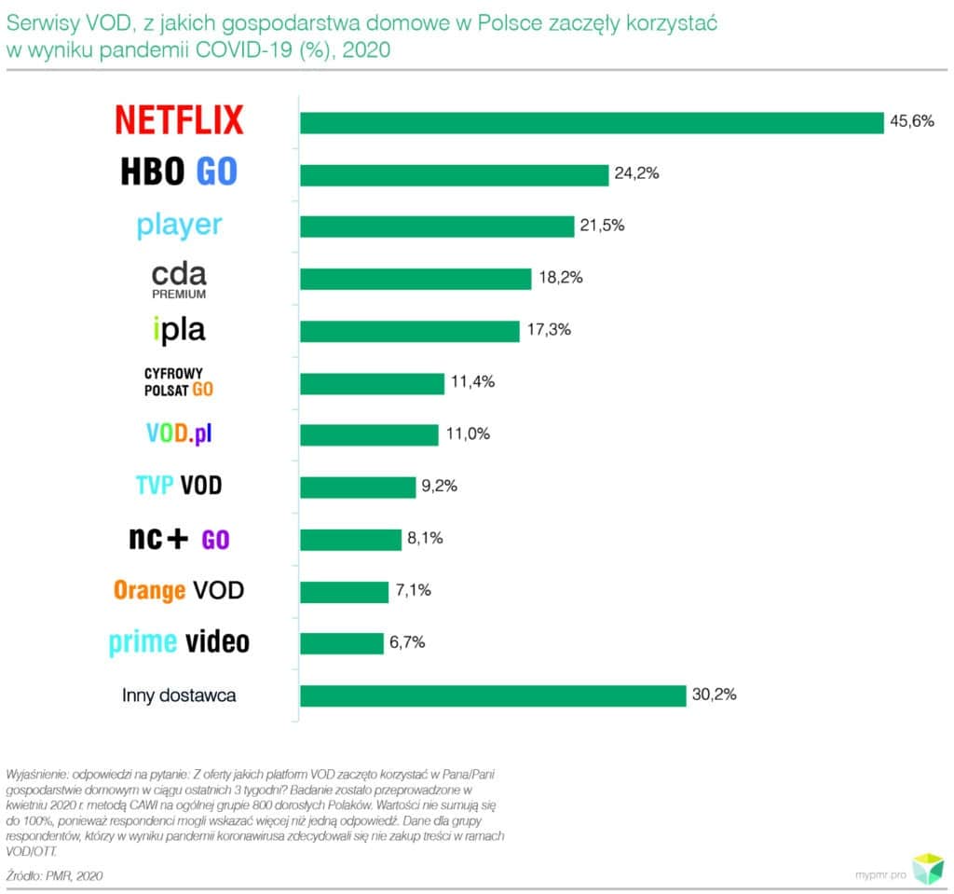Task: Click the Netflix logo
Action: coord(179,120)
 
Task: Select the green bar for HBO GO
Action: coord(454,174)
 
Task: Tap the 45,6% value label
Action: coord(911,121)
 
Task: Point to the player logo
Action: coord(179,225)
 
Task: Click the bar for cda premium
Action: coord(415,279)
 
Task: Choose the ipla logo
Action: coord(179,329)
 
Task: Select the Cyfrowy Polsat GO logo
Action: coord(179,381)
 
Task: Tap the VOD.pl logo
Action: coord(179,434)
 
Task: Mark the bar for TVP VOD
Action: coord(357,487)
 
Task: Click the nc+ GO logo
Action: coord(179,538)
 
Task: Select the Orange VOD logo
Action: coord(179,590)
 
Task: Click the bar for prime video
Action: coord(341,643)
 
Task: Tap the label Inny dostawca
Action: coord(179,695)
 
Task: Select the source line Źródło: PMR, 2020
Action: coord(54,875)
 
